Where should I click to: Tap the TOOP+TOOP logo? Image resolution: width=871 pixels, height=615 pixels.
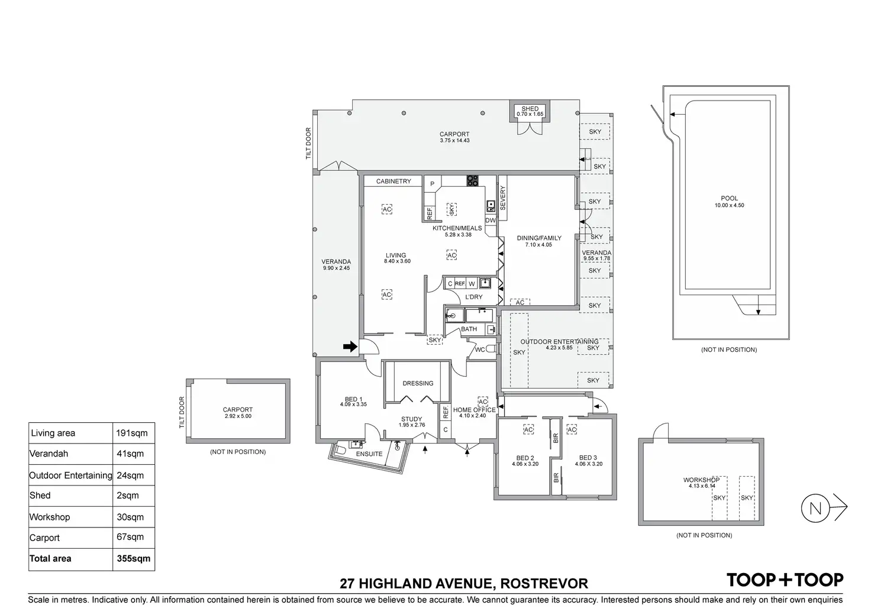pyautogui.click(x=785, y=580)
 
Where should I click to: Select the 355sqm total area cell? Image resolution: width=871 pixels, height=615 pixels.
pyautogui.click(x=134, y=558)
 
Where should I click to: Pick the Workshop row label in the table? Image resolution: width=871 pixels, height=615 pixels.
pyautogui.click(x=50, y=517)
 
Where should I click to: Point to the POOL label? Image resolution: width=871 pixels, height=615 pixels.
pyautogui.click(x=730, y=199)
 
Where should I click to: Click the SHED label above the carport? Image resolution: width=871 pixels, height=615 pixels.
pyautogui.click(x=530, y=109)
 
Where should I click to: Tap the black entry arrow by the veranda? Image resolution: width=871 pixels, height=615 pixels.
pyautogui.click(x=350, y=347)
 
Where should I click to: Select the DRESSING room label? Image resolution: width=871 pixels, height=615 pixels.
pyautogui.click(x=418, y=383)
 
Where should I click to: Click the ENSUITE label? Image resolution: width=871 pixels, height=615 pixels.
pyautogui.click(x=370, y=454)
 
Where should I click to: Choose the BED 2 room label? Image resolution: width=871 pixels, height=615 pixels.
pyautogui.click(x=525, y=458)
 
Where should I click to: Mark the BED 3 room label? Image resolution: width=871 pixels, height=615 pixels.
pyautogui.click(x=588, y=458)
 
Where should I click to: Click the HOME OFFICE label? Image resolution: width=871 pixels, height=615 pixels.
pyautogui.click(x=474, y=410)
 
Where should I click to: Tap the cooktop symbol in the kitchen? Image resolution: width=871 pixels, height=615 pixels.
pyautogui.click(x=472, y=181)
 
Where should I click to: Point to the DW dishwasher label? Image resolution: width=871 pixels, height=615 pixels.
pyautogui.click(x=491, y=221)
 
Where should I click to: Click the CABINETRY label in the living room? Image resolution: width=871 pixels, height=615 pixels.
pyautogui.click(x=393, y=182)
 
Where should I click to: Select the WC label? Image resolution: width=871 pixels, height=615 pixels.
pyautogui.click(x=480, y=350)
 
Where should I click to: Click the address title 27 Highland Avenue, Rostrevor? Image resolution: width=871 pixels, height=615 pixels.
pyautogui.click(x=464, y=584)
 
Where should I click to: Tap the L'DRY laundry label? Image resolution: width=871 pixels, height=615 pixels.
pyautogui.click(x=473, y=297)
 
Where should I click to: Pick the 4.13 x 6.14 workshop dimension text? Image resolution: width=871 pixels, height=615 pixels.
pyautogui.click(x=702, y=486)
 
